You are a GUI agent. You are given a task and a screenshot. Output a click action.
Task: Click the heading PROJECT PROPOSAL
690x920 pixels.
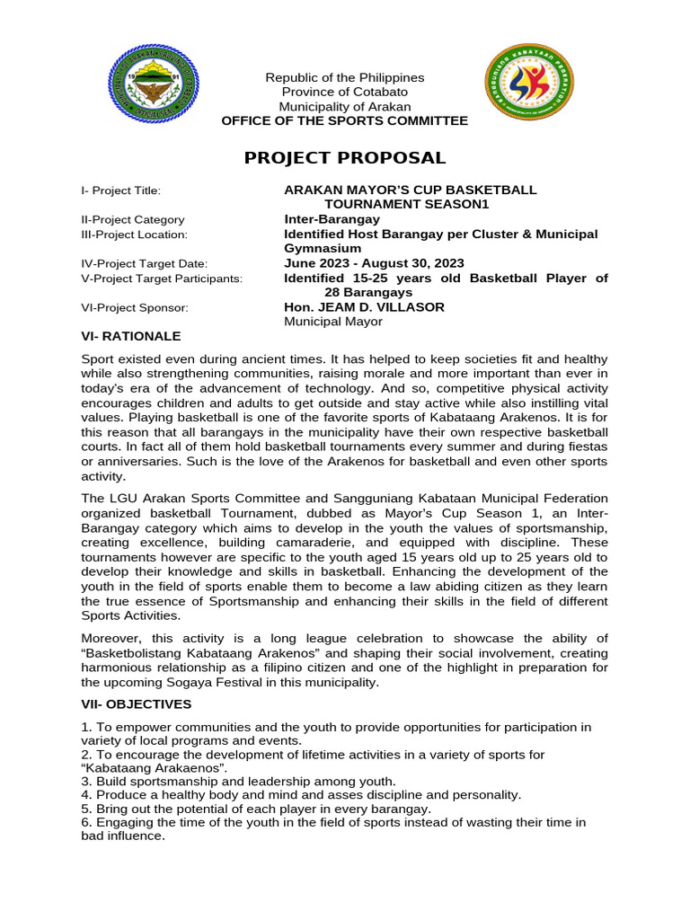point(345,158)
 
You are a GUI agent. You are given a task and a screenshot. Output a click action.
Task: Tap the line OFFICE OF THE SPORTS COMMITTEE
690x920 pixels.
point(345,120)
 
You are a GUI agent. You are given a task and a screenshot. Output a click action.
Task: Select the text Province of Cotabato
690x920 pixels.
point(345,92)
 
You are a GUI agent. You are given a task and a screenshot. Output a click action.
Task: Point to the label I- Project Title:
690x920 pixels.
point(120,190)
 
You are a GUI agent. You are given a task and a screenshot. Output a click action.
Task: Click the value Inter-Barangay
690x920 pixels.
point(332,219)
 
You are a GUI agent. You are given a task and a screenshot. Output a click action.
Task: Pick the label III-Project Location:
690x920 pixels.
point(134,234)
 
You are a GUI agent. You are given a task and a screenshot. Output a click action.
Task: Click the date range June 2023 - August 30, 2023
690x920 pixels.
point(374,263)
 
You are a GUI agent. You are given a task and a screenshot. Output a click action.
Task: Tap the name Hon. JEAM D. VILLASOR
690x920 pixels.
point(364,307)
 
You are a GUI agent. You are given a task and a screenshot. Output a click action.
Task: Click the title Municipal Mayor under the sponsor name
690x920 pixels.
point(333,322)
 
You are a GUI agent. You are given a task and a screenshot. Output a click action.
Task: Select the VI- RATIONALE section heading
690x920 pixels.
point(131,336)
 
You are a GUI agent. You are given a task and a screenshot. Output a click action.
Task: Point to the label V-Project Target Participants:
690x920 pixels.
point(162,279)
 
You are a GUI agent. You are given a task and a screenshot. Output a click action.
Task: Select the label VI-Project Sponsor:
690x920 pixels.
point(135,307)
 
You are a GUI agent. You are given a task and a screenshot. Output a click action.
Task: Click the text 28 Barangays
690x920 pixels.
point(368,292)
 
